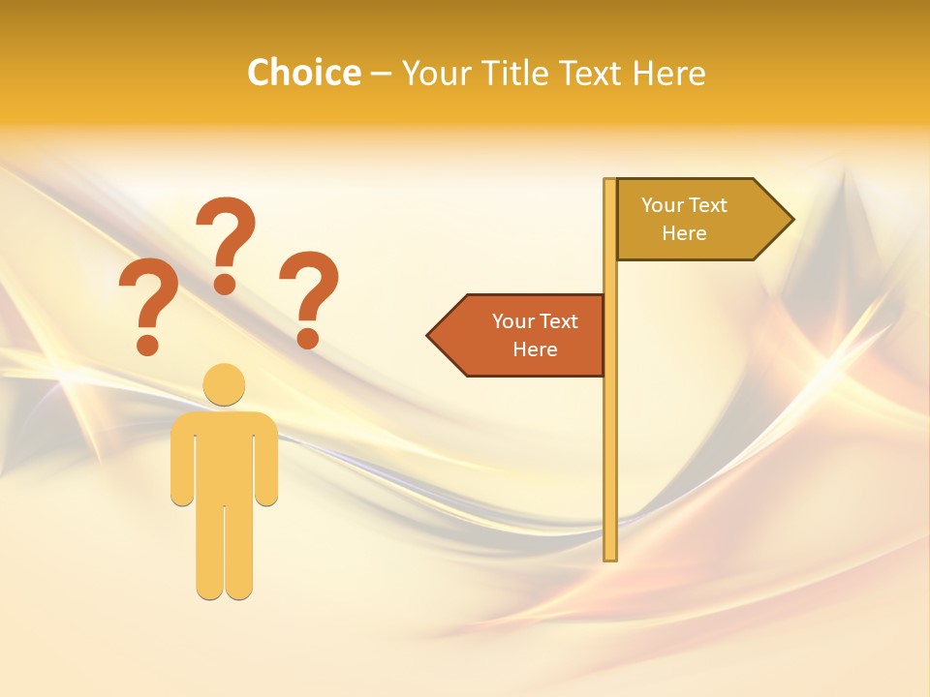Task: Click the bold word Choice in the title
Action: [303, 73]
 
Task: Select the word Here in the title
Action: [668, 73]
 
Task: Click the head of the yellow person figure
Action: [224, 384]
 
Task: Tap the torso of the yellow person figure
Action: [224, 455]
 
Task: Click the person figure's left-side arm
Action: [182, 465]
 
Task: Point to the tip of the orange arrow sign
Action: [429, 336]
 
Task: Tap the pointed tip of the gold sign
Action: [791, 220]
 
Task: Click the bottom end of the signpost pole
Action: [610, 556]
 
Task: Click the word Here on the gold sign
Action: [684, 233]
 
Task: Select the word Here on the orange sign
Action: [535, 349]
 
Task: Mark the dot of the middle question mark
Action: [225, 284]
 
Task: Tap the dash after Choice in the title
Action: [381, 74]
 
